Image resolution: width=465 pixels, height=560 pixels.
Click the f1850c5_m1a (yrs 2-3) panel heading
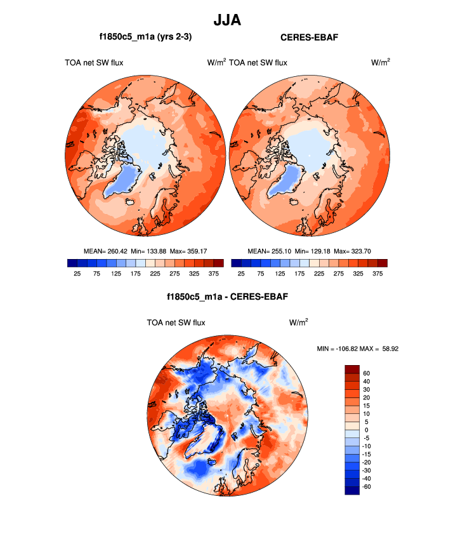pos(140,38)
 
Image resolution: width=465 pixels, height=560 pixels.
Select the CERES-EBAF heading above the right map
pos(309,38)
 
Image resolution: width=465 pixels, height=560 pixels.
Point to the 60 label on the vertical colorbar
pos(367,373)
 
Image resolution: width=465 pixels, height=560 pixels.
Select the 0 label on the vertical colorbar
pos(366,430)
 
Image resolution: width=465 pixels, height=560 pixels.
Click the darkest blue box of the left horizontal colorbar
pos(72,263)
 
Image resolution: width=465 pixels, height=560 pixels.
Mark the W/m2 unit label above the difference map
pos(299,322)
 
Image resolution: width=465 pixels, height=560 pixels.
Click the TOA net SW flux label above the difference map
pos(176,323)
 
